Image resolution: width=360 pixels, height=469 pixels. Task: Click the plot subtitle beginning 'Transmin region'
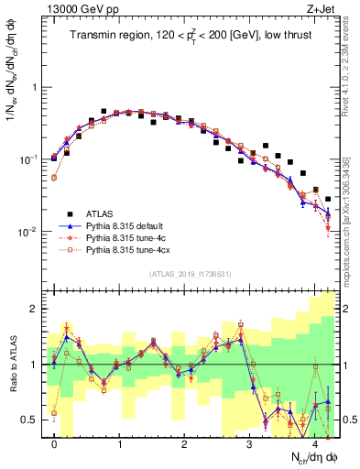[x=191, y=36]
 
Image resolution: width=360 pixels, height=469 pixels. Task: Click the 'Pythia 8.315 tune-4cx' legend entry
[x=127, y=249]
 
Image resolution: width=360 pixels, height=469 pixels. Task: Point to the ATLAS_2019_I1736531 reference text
[x=191, y=273]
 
